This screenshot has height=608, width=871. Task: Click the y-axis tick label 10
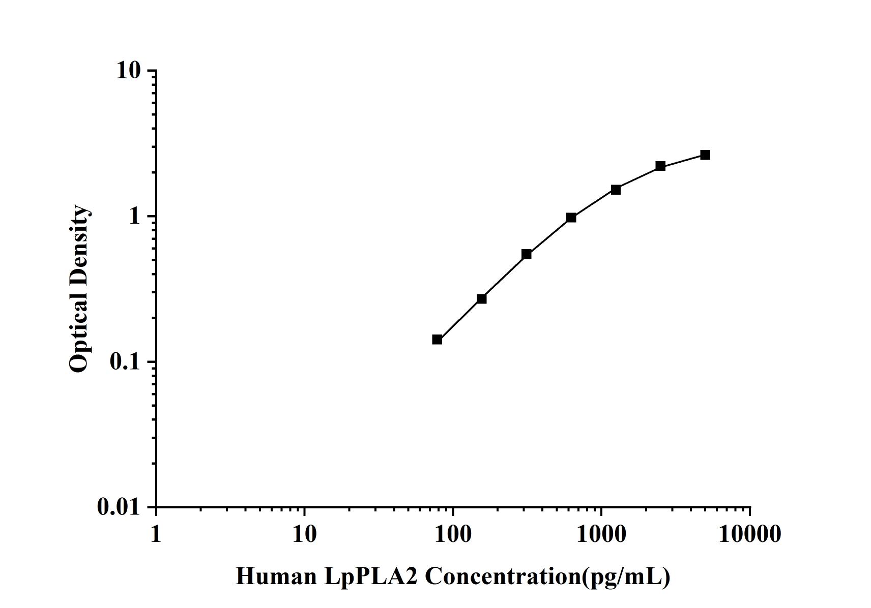tap(128, 71)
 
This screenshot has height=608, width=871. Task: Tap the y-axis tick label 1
tap(134, 217)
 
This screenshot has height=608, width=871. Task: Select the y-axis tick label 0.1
tap(125, 362)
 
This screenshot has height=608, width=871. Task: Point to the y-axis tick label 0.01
tap(119, 507)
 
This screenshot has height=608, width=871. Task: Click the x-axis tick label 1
tap(156, 534)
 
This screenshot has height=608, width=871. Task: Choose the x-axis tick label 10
tap(304, 534)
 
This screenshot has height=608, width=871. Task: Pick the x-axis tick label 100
tap(453, 534)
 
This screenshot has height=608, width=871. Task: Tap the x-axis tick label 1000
tap(601, 534)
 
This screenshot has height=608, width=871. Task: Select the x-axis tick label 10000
tap(750, 534)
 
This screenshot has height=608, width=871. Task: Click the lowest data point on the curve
tap(437, 340)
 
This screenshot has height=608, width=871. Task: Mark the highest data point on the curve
tap(705, 155)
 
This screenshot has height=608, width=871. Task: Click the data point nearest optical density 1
tap(571, 218)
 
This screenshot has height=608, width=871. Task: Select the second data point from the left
tap(482, 299)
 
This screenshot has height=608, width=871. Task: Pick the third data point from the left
tap(527, 254)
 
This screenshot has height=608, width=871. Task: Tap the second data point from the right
tap(660, 166)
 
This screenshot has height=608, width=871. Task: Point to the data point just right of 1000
tap(616, 190)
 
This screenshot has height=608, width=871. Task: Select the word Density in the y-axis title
tap(79, 239)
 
